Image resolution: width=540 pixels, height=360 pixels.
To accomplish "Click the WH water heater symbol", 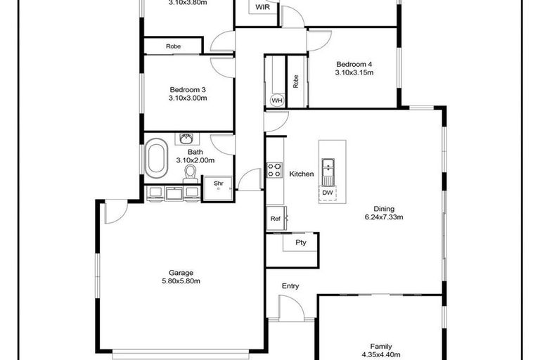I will click(277, 101).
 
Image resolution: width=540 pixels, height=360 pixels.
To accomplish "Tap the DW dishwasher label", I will click(327, 192).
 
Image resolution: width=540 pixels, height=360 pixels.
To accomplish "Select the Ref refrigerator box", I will click(276, 219).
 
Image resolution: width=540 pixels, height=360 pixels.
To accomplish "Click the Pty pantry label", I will click(300, 243).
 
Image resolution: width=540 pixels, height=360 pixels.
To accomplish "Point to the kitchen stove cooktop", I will click(274, 170).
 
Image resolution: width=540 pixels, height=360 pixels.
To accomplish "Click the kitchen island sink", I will click(327, 168).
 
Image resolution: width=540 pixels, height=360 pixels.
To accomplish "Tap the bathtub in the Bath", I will click(156, 157).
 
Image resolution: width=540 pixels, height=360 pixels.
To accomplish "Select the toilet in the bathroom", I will click(189, 171).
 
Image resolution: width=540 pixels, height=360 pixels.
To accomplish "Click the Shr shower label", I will click(218, 184).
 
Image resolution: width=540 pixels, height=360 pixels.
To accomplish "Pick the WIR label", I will click(263, 7).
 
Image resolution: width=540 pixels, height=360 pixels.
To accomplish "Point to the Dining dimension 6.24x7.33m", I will click(383, 217).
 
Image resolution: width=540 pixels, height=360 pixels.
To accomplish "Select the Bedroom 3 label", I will click(188, 89).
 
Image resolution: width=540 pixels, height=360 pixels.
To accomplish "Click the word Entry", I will click(290, 286).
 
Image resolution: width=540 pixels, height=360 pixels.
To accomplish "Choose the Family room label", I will click(381, 347).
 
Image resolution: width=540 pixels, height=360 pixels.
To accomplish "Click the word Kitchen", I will click(302, 174).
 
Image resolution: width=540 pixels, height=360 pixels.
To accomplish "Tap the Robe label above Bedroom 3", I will click(173, 47).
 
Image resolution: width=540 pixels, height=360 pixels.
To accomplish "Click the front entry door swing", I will click(290, 308).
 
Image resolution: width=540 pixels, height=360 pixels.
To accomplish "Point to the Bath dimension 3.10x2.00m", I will click(195, 160).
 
